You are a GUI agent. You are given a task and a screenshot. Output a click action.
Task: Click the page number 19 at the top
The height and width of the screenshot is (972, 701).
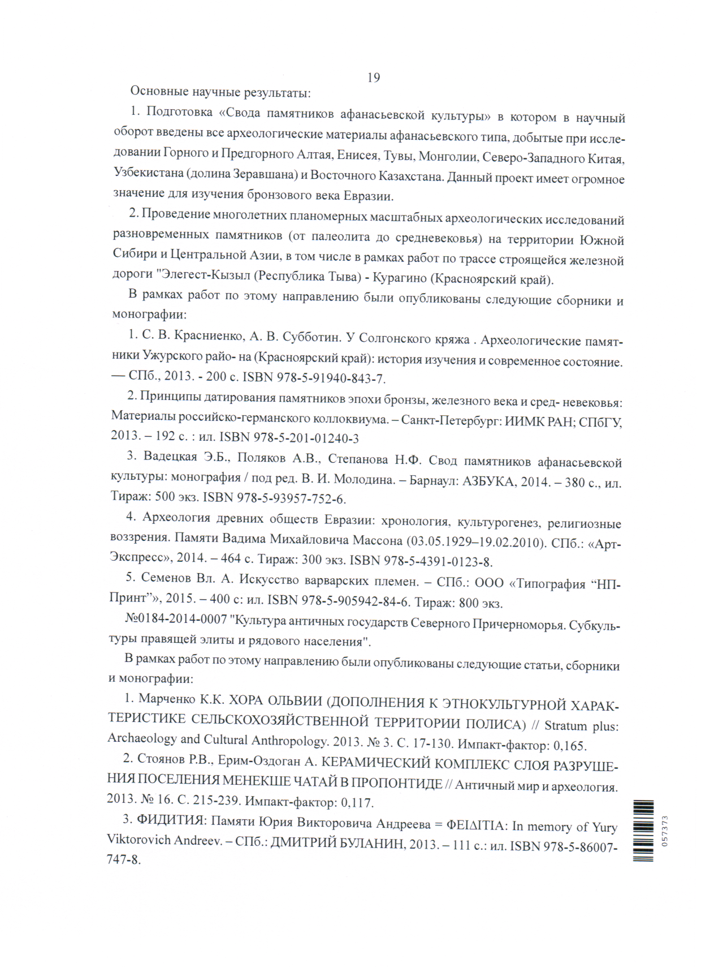(x=374, y=78)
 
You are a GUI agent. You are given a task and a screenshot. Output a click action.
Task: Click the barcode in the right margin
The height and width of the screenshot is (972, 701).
(x=643, y=831)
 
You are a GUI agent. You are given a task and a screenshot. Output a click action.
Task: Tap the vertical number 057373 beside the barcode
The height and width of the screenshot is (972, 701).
(x=665, y=831)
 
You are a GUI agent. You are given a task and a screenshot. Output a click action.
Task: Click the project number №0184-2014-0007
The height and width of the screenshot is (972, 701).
(x=175, y=618)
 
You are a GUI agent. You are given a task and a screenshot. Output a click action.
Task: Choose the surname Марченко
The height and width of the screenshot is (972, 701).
(x=167, y=699)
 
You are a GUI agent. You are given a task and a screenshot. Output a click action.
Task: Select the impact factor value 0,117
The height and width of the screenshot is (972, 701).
(x=356, y=802)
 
